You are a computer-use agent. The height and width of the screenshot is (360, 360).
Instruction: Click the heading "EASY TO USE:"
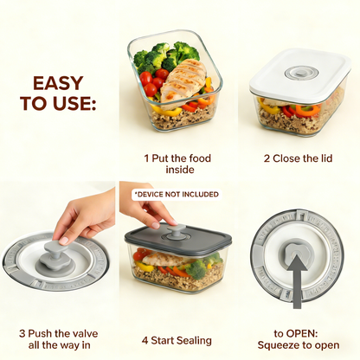point(59,93)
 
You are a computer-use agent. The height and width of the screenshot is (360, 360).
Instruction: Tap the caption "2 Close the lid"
point(296,158)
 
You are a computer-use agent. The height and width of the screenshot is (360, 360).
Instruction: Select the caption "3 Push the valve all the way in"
point(58,339)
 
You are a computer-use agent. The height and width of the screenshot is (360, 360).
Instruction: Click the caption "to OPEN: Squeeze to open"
point(296,338)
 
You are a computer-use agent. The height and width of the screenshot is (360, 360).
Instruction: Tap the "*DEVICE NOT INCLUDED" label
point(176,195)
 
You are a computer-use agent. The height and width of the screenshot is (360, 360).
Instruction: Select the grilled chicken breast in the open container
point(183,80)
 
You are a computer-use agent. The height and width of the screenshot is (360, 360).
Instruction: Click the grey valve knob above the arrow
point(297,251)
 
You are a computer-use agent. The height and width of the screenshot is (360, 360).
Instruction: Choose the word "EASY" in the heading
point(59,83)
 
